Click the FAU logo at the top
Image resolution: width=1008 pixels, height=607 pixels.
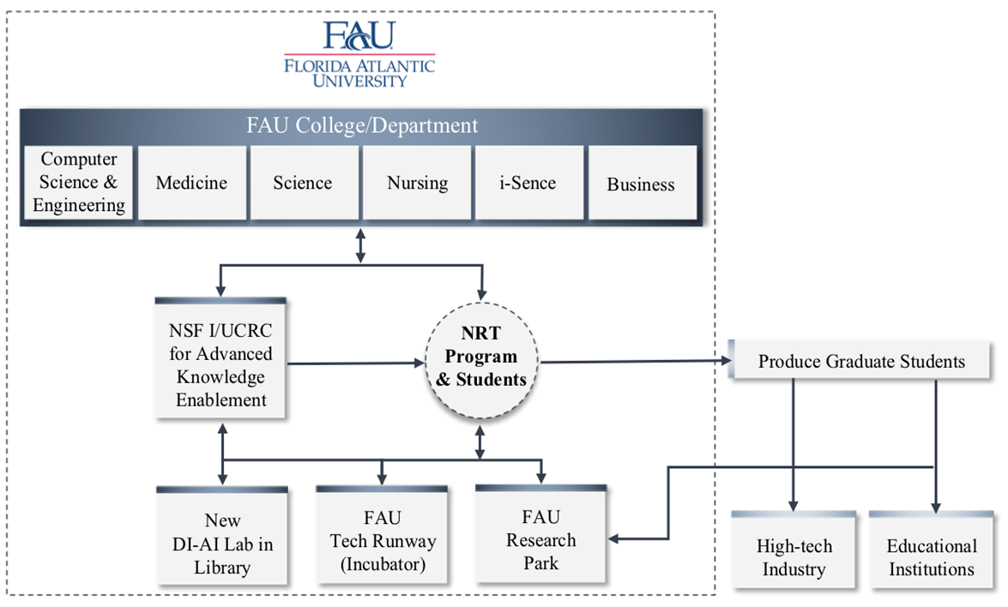(359, 35)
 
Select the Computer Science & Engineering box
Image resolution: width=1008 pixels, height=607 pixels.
(78, 183)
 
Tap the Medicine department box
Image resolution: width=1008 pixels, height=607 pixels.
(191, 183)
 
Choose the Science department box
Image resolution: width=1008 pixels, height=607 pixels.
(303, 183)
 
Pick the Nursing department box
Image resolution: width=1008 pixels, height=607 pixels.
(417, 183)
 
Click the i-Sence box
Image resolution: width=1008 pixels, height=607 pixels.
(528, 183)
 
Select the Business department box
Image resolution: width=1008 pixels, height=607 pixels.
(641, 184)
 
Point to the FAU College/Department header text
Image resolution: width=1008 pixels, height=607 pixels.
(360, 125)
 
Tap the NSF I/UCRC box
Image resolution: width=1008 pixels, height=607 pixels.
(221, 364)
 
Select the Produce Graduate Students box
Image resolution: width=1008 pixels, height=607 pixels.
(861, 362)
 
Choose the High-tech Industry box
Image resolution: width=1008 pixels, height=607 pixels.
(794, 557)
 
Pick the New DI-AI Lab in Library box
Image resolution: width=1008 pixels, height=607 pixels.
(222, 544)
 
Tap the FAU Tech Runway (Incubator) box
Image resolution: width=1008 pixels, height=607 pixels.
(382, 542)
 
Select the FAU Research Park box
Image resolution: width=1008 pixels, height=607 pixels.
(540, 540)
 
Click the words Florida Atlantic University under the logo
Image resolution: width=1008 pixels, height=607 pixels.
(359, 73)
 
